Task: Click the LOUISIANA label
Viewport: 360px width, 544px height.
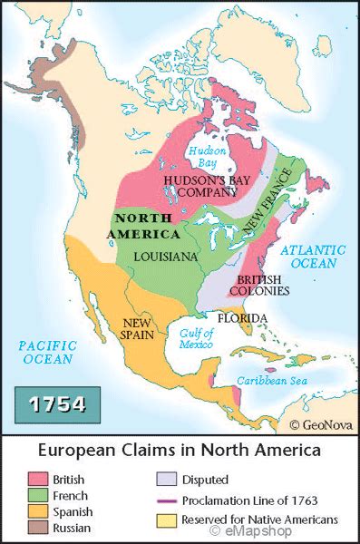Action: click(x=165, y=257)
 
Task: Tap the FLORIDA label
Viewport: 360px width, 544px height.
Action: click(x=241, y=318)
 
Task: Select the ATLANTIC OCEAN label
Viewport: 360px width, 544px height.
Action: click(x=313, y=256)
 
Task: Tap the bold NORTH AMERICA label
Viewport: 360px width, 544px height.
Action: click(x=146, y=226)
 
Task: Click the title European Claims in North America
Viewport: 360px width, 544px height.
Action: click(x=179, y=451)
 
